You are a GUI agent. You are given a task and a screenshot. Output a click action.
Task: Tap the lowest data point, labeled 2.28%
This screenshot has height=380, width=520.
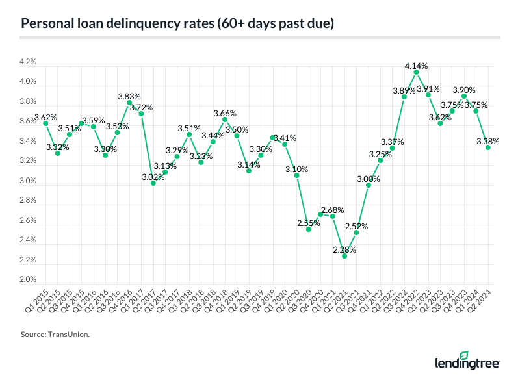[344, 256]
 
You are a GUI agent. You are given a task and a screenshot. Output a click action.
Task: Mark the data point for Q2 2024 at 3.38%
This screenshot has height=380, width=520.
[488, 147]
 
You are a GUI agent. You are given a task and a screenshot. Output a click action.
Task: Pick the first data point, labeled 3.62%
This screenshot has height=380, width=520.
[45, 123]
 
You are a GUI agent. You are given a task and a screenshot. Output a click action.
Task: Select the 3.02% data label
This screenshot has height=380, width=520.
[153, 176]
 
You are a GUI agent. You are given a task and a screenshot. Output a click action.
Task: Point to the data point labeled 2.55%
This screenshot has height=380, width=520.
[309, 229]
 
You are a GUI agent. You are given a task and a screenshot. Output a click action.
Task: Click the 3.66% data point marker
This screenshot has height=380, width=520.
[225, 120]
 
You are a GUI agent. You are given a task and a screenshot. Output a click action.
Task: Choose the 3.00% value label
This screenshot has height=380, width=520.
[368, 179]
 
